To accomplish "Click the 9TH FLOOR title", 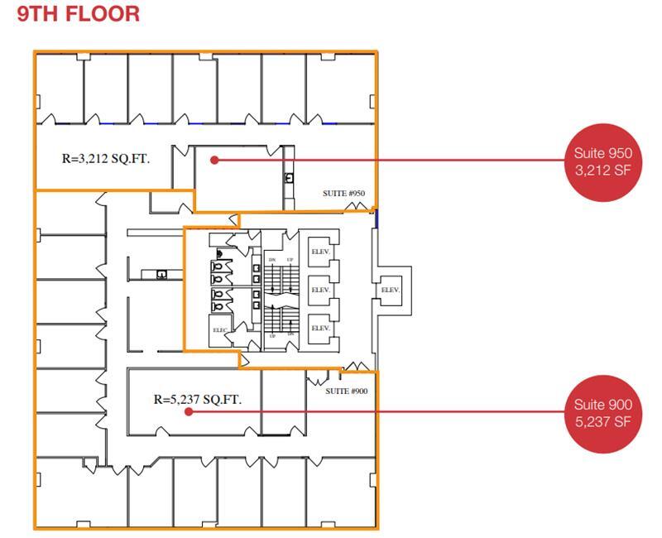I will [x=79, y=14].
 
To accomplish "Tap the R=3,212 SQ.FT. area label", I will [x=106, y=158].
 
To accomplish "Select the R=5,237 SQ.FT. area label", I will [x=198, y=399].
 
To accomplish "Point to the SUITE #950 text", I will [x=343, y=194].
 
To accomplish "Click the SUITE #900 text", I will [x=346, y=391].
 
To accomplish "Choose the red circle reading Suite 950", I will [x=603, y=161].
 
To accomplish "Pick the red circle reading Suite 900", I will [x=603, y=413].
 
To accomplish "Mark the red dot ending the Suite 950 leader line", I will [x=213, y=160].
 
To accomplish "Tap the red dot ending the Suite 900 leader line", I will [x=189, y=411].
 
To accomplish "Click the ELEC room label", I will [x=220, y=329].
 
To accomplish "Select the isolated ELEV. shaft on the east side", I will [x=390, y=290].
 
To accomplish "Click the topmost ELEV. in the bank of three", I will [x=320, y=252].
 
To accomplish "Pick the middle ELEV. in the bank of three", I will [x=320, y=290].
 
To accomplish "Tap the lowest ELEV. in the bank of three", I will [x=320, y=328].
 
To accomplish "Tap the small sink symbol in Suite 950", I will [x=289, y=178].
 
